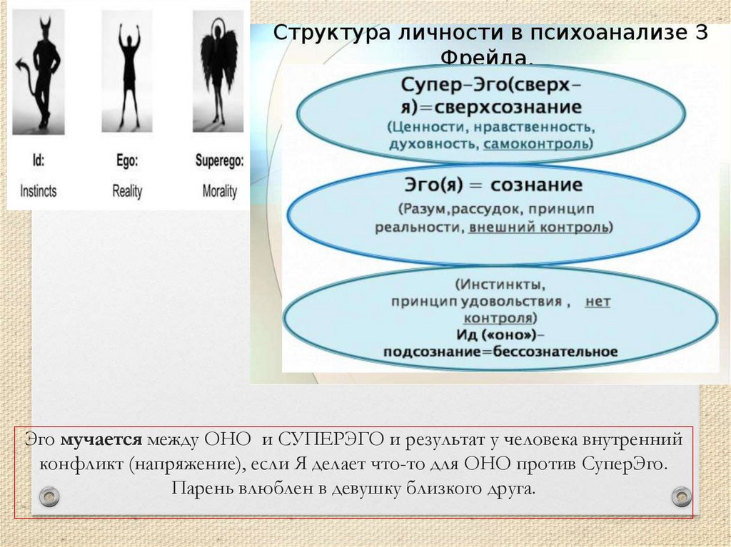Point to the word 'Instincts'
click(x=39, y=191)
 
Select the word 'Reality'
click(x=128, y=191)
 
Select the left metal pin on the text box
click(x=49, y=496)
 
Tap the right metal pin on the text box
click(x=681, y=496)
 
